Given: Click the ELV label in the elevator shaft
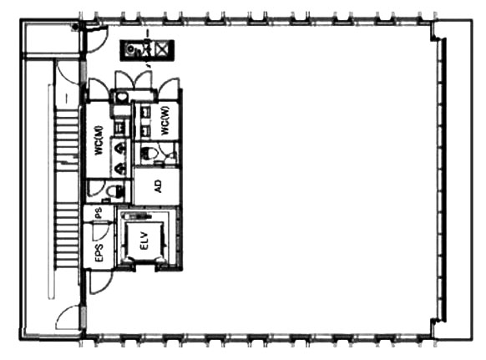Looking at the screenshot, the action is pyautogui.click(x=144, y=241).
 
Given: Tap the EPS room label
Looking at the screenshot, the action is pyautogui.click(x=99, y=253).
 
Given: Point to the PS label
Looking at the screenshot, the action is pyautogui.click(x=99, y=213).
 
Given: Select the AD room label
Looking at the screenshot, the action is pyautogui.click(x=158, y=186).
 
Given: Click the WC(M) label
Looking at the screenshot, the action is pyautogui.click(x=99, y=140).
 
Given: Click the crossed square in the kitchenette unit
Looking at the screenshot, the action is pyautogui.click(x=161, y=49).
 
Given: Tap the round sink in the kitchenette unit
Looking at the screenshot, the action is pyautogui.click(x=131, y=49).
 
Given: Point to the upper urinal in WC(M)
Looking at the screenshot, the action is pyautogui.click(x=120, y=149).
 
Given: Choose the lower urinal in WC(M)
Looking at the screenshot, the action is pyautogui.click(x=120, y=169).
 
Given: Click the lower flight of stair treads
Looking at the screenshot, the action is pyautogui.click(x=66, y=235).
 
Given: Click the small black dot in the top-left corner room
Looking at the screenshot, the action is pyautogui.click(x=74, y=27).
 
